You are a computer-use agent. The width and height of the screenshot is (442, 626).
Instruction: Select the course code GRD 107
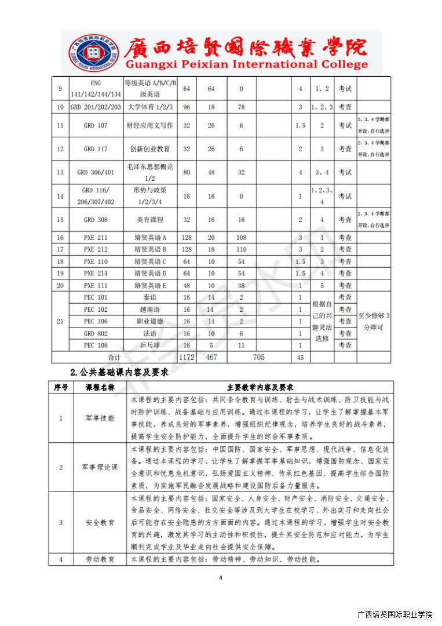pos(96,125)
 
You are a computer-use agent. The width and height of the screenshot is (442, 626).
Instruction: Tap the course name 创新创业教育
pos(149,149)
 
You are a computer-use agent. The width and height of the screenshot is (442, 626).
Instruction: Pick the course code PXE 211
pos(96,238)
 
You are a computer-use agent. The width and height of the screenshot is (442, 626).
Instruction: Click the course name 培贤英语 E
pos(149,285)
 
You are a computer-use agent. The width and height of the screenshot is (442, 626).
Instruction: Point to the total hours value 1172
pos(187,357)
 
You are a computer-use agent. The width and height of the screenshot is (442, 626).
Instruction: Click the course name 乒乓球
pos(149,345)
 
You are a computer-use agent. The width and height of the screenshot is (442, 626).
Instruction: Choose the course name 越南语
pos(149,310)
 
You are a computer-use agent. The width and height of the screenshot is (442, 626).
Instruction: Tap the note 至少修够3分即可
pos(374,321)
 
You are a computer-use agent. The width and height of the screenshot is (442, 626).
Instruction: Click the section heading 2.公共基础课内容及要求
pos(119,372)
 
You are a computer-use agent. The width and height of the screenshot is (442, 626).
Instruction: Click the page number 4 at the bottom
pos(221,577)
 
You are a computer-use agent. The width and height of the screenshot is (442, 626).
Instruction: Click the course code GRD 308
pos(96,220)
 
